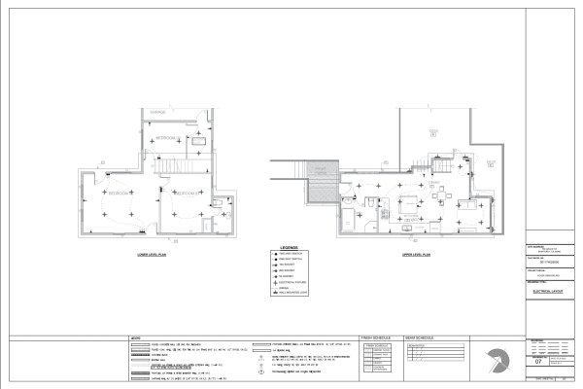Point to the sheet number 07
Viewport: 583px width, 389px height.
pos(539,361)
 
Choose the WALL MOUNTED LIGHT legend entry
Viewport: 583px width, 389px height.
pos(296,292)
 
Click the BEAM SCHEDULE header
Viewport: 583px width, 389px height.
pos(420,338)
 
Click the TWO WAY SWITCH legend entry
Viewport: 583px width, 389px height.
pos(296,253)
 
